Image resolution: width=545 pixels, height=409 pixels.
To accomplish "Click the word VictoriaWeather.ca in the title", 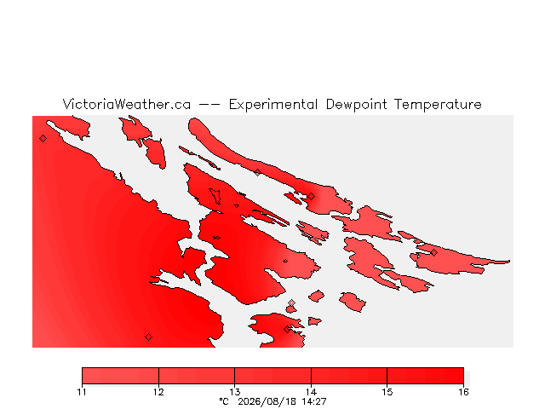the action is coord(127,104).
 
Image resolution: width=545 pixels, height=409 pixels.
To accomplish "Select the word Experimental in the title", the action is coord(273,105).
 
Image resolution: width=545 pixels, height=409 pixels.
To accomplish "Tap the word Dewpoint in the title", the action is coord(356,105).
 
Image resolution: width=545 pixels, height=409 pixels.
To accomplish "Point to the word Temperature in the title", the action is coord(438,105).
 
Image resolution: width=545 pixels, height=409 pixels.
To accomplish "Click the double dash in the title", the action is coord(209,104).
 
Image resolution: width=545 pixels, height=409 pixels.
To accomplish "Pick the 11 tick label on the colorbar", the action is coord(82,392).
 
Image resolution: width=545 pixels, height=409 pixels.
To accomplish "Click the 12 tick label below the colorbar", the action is coord(158,392).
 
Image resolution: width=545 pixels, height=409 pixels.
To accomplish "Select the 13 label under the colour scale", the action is coord(235,392).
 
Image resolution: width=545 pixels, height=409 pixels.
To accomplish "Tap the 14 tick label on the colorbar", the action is coord(311,392).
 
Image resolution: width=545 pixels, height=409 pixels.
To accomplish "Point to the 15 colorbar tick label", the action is coord(387,392).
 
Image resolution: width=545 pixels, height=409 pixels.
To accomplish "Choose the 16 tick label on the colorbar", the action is coord(463,392).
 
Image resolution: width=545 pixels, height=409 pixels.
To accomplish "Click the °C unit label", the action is coord(224,401).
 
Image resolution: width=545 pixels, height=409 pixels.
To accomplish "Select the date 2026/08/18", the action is coord(267,401).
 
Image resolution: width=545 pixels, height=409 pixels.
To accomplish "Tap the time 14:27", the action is coord(313,401).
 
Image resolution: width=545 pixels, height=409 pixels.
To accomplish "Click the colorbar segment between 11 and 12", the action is coord(120,376).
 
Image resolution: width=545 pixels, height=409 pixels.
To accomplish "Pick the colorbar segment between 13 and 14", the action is coord(272,376).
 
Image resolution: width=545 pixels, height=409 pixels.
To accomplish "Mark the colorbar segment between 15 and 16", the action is coord(426,376).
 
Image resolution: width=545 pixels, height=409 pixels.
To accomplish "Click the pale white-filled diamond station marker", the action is coord(291,303).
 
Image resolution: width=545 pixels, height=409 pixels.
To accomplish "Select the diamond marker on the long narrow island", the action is coord(257,172).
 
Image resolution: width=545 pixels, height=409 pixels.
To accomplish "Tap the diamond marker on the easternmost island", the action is coord(433,252).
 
